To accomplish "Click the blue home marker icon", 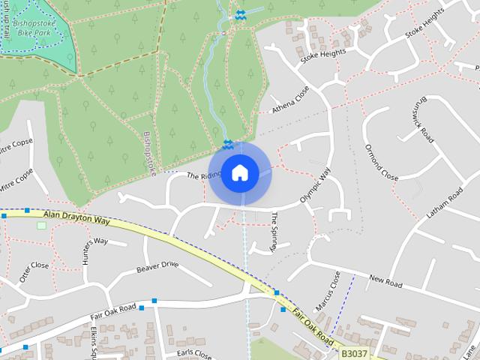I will (x=239, y=173).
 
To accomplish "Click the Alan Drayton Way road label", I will (x=76, y=218).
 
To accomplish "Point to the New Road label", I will (x=385, y=281).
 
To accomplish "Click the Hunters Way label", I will (x=95, y=241).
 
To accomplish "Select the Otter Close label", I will (x=34, y=270).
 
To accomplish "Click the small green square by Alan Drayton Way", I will (x=41, y=226).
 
